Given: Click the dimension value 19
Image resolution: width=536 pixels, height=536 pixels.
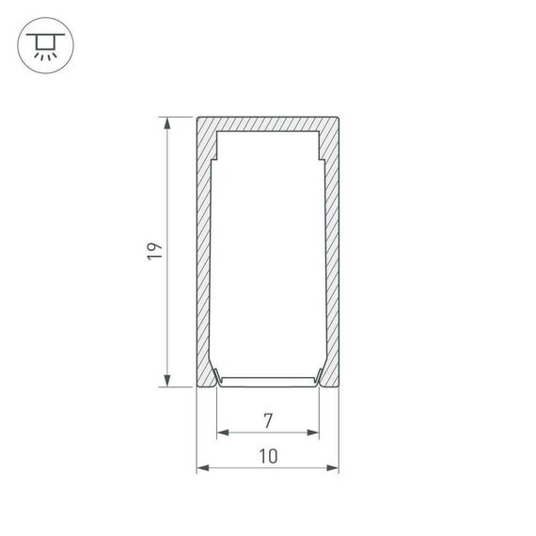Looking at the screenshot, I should pyautogui.click(x=156, y=251).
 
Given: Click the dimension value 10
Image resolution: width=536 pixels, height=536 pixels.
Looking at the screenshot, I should pyautogui.click(x=268, y=456).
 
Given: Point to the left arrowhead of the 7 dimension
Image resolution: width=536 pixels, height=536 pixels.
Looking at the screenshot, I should pyautogui.click(x=222, y=433).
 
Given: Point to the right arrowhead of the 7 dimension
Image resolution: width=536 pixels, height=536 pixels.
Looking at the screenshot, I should pyautogui.click(x=314, y=433).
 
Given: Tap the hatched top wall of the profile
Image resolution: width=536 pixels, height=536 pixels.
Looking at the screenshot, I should pyautogui.click(x=268, y=123).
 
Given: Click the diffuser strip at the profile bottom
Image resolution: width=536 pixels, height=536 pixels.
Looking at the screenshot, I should pyautogui.click(x=268, y=381).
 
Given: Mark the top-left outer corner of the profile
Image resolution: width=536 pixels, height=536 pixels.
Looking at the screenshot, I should pyautogui.click(x=197, y=116).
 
